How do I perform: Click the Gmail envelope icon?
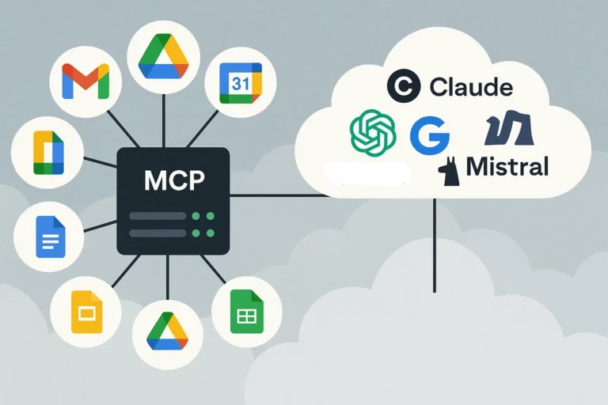(85, 81)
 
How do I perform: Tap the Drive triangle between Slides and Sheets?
(167, 333)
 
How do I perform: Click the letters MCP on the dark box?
(174, 180)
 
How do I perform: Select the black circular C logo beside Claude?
(404, 86)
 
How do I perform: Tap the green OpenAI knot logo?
(373, 132)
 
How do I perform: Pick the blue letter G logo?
(429, 135)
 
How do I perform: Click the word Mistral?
(507, 167)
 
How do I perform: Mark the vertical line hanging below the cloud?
(434, 245)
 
